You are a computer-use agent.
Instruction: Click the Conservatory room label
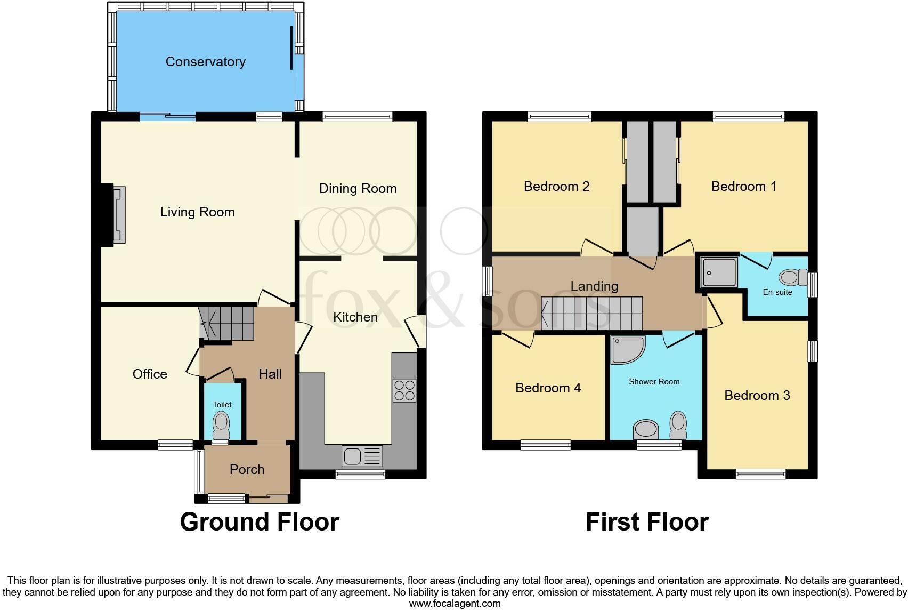pyautogui.click(x=205, y=62)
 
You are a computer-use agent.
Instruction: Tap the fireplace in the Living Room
pyautogui.click(x=119, y=215)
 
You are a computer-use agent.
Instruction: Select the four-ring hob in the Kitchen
pyautogui.click(x=404, y=390)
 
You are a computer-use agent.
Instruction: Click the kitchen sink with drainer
pyautogui.click(x=363, y=456)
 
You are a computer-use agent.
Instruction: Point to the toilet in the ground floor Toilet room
pyautogui.click(x=221, y=425)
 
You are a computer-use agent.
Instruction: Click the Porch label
pyautogui.click(x=247, y=470)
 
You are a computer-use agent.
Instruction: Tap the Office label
pyautogui.click(x=150, y=374)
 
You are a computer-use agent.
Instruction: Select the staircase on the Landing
pyautogui.click(x=592, y=314)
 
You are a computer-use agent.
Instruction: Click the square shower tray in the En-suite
pyautogui.click(x=719, y=273)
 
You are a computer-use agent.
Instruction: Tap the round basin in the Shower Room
pyautogui.click(x=646, y=429)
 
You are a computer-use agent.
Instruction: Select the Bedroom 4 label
pyautogui.click(x=548, y=388)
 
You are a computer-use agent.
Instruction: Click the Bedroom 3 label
pyautogui.click(x=757, y=396)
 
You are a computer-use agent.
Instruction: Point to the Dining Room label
pyautogui.click(x=358, y=189)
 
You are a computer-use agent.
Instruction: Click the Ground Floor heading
pyautogui.click(x=260, y=522)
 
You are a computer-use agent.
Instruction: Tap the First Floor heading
pyautogui.click(x=647, y=522)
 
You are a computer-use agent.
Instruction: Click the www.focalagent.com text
pyautogui.click(x=455, y=604)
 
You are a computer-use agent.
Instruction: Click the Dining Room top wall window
pyautogui.click(x=358, y=116)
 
